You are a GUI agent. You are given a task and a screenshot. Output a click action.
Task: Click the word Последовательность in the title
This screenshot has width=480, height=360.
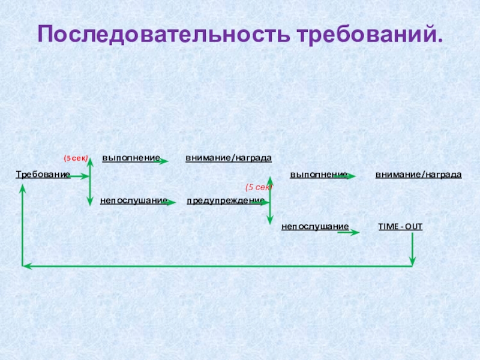click(x=163, y=34)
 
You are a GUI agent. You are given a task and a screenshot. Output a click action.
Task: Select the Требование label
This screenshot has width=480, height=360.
click(x=42, y=175)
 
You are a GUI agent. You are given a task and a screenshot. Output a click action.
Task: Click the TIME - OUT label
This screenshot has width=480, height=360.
click(x=400, y=226)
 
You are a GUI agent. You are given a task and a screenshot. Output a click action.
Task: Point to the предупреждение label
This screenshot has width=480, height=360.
click(x=225, y=200)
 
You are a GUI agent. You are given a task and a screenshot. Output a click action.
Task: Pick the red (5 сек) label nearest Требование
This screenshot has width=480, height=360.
click(x=76, y=158)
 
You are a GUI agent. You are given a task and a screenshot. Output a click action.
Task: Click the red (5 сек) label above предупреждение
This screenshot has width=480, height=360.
click(x=259, y=188)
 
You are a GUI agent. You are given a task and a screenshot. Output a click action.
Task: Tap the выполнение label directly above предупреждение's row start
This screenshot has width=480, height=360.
click(x=130, y=158)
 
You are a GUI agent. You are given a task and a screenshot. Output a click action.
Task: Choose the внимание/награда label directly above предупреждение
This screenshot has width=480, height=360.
click(x=228, y=158)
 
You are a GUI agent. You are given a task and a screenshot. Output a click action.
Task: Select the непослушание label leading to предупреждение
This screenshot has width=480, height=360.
click(x=133, y=200)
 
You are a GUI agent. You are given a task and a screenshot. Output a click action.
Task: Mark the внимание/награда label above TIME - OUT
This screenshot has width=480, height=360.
click(x=418, y=175)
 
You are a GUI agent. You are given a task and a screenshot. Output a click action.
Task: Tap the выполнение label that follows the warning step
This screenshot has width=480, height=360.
click(x=318, y=175)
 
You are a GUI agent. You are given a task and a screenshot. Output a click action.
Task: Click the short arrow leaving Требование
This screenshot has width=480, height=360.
click(x=79, y=177)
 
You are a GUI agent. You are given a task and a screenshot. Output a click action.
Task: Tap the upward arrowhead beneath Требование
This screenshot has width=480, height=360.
click(x=23, y=188)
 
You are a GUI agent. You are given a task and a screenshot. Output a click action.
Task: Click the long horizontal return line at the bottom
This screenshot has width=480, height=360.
click(x=216, y=265)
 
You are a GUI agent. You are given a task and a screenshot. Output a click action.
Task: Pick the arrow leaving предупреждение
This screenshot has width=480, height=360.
click(x=261, y=203)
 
